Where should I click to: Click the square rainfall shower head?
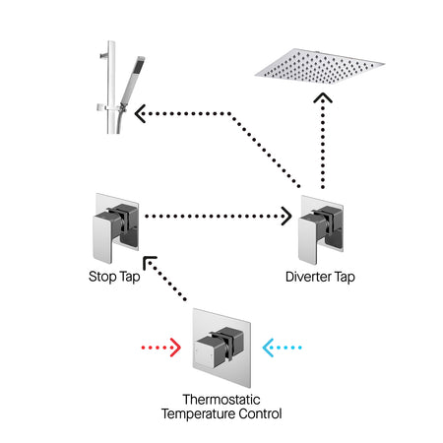coord(319,67)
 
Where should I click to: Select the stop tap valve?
coord(115,228)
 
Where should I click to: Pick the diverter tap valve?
coord(321,229)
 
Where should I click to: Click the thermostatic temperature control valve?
coord(221,348)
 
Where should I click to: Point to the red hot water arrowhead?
coord(176,348)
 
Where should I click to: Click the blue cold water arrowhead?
coord(268,348)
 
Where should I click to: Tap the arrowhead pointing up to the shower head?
coord(323,97)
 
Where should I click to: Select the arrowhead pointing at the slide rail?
coord(140,113)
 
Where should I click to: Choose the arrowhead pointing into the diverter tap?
coord(286,216)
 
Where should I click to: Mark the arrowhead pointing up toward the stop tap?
coord(150,262)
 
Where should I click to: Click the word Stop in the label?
coord(102,277)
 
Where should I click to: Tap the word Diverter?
coord(308,277)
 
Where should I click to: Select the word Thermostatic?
coord(221,400)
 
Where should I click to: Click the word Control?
coord(260,413)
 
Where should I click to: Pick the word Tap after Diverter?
coord(345,278)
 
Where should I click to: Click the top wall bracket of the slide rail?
coord(104,55)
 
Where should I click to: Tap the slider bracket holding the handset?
coord(110,107)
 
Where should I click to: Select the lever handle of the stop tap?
coord(103,237)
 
